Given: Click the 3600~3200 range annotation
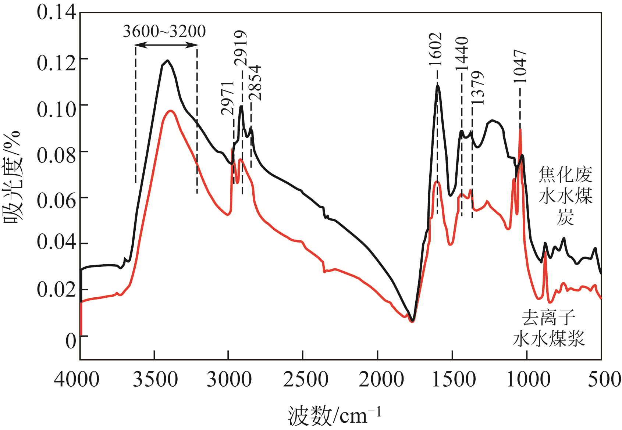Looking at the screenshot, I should point(164,32).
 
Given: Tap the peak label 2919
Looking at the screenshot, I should point(241,48).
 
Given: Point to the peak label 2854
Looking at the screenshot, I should point(255,83).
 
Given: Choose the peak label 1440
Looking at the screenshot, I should point(462,54).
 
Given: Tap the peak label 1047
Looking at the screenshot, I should point(520,67).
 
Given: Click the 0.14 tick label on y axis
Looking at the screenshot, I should point(56,12).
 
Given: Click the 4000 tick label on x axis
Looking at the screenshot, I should point(77,379).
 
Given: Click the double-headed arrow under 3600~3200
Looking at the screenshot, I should point(166,45).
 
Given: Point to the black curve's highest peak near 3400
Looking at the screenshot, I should point(168,61).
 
